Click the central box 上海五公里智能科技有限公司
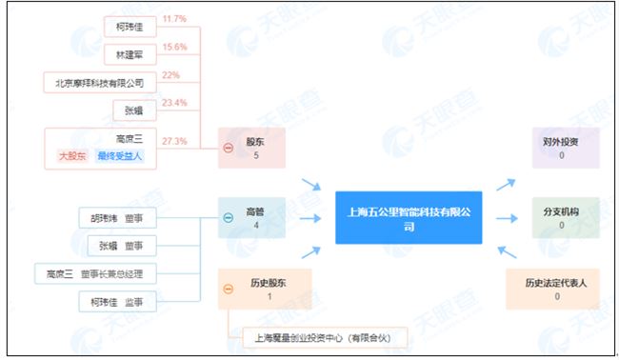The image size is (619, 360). point(409,217)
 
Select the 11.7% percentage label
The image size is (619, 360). point(173,18)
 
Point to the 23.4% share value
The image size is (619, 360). point(174,103)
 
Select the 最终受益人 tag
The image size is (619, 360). point(120,156)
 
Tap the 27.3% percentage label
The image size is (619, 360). point(174,141)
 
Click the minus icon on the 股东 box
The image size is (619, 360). point(229,148)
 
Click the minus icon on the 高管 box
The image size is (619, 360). point(229,217)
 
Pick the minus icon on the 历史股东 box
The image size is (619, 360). point(229,289)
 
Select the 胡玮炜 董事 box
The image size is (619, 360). point(117,218)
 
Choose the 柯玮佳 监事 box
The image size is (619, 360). point(117,303)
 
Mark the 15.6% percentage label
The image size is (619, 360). point(174,47)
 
